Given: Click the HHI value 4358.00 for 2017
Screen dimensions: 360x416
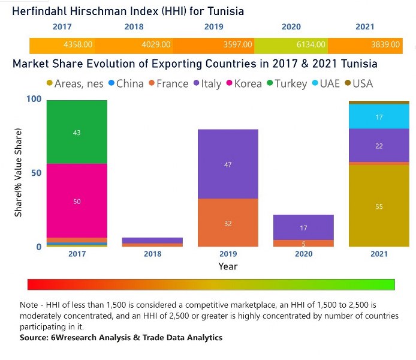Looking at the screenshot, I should pyautogui.click(x=79, y=45).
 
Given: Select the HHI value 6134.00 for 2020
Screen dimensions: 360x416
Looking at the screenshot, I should pyautogui.click(x=312, y=45).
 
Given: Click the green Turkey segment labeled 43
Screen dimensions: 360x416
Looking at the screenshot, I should pyautogui.click(x=77, y=133).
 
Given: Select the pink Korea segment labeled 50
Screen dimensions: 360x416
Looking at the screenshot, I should pyautogui.click(x=77, y=202).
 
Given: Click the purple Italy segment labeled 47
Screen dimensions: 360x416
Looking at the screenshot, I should pyautogui.click(x=228, y=164).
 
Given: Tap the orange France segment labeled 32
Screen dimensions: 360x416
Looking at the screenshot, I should pyautogui.click(x=228, y=223).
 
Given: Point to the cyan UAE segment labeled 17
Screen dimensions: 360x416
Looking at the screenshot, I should pyautogui.click(x=379, y=117).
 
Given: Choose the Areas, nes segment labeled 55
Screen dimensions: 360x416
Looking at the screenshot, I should pyautogui.click(x=379, y=206).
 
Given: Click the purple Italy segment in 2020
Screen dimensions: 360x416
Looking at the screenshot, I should pyautogui.click(x=303, y=227).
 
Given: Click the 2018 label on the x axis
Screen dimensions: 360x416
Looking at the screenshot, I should pyautogui.click(x=152, y=254).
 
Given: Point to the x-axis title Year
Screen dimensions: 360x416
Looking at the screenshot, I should pyautogui.click(x=228, y=266).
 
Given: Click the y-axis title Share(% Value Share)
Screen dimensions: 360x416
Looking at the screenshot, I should pyautogui.click(x=19, y=173).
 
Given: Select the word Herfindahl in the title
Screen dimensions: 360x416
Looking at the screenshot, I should pyautogui.click(x=42, y=11).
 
